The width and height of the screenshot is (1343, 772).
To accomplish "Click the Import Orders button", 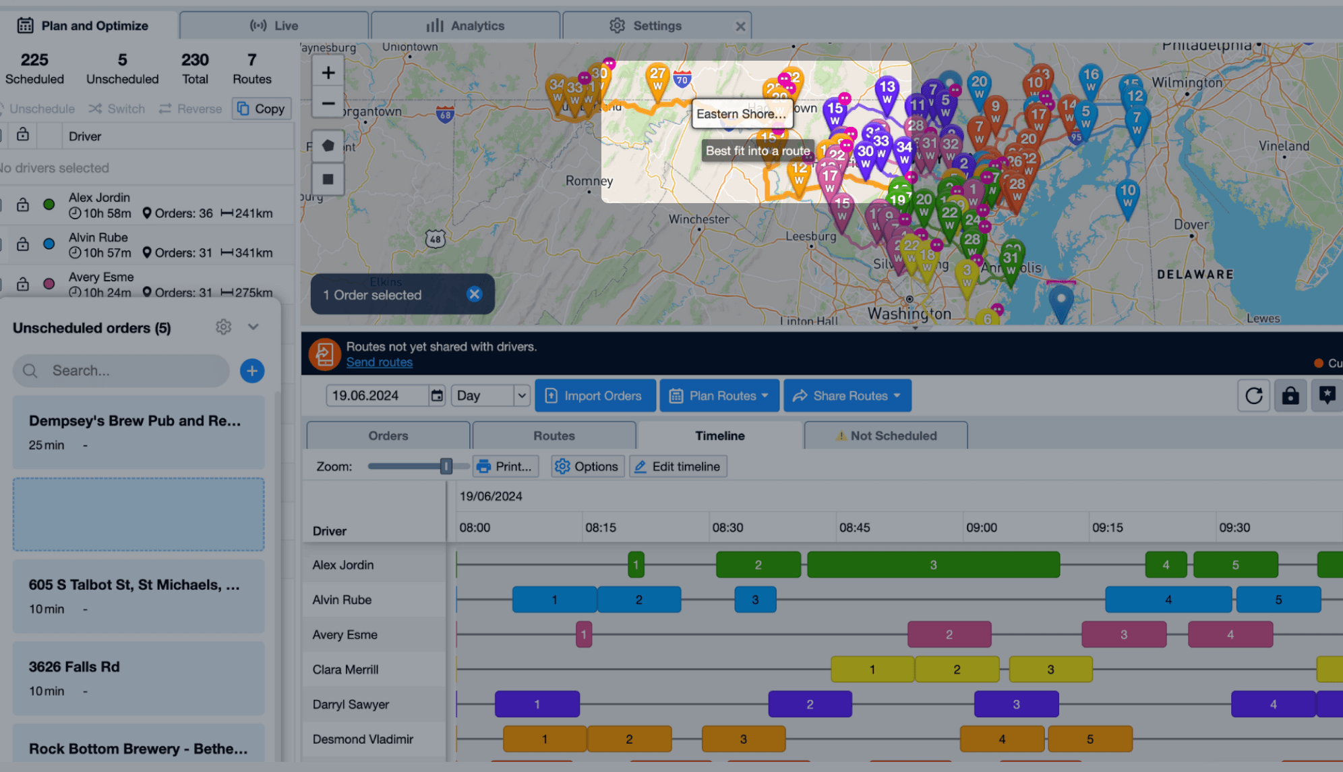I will pos(595,395).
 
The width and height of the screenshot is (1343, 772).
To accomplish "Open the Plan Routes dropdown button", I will pos(719,395).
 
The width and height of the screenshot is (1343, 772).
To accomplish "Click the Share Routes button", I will pos(847,395).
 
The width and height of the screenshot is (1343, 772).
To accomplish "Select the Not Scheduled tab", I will pos(886,436).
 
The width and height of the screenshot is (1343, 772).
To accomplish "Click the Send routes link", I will pos(379,362).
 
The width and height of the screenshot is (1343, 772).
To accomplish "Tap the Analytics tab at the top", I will pos(465,26).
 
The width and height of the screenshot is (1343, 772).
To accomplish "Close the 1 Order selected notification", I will pos(475,294).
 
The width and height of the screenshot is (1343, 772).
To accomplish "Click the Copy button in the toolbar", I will pos(262,109).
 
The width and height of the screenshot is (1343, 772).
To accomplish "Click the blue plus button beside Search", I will pos(252,370).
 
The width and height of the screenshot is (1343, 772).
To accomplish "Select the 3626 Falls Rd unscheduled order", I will pos(138,678).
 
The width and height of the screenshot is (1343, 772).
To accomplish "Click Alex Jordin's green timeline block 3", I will pos(933,565).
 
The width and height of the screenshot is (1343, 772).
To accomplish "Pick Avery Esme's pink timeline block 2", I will pos(949,634).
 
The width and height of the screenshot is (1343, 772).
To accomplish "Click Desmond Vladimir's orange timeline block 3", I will pos(743,739).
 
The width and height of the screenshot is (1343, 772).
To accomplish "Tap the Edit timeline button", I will pos(678,466).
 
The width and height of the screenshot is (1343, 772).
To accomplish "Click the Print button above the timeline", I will pos(506,466).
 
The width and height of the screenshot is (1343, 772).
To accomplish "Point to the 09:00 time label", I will pos(981,528).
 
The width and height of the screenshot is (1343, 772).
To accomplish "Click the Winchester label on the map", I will pos(698,219).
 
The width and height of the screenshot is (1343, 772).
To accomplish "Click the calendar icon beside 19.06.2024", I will pos(438,395).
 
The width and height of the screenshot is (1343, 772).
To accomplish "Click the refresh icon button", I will pos(1253,395).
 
